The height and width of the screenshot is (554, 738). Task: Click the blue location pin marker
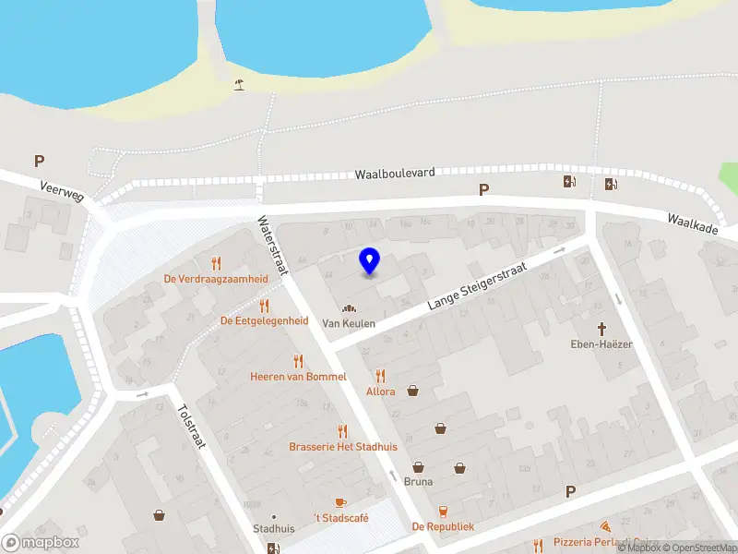[369, 261]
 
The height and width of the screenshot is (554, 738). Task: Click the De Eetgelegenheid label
[264, 320]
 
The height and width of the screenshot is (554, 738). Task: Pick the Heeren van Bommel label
[298, 377]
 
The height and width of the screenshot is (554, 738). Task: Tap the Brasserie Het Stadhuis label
[342, 446]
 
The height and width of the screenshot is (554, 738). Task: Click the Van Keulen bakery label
[349, 323]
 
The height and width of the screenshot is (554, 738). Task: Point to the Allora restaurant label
[380, 391]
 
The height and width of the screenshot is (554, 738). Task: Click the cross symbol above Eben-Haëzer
[602, 328]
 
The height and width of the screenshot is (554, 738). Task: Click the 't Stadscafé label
[340, 518]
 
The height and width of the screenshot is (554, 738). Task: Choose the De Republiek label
[443, 526]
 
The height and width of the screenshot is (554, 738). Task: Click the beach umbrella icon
[240, 85]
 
